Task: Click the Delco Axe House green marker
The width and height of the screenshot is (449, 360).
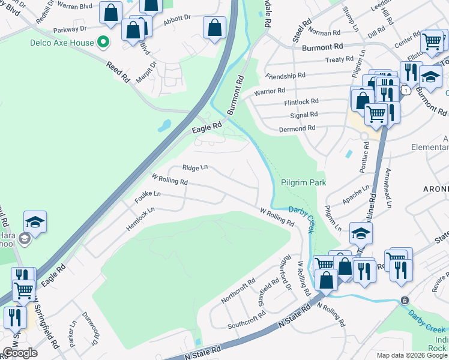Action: pos(103,43)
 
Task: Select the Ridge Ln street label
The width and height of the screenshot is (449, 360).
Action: pos(195,169)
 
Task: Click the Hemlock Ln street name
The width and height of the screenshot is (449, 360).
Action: pos(140,219)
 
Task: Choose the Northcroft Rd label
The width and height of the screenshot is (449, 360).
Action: pos(238,291)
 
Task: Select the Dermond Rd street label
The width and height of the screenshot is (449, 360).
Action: pos(297,128)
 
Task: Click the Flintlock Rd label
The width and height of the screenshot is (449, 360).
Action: pos(301,102)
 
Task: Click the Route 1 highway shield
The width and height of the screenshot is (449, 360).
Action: pos(406,91)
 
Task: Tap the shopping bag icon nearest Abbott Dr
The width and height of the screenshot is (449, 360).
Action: pos(214,27)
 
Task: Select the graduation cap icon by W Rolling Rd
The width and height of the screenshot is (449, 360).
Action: pos(361,233)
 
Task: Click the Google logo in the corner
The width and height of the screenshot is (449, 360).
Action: pos(20,353)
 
